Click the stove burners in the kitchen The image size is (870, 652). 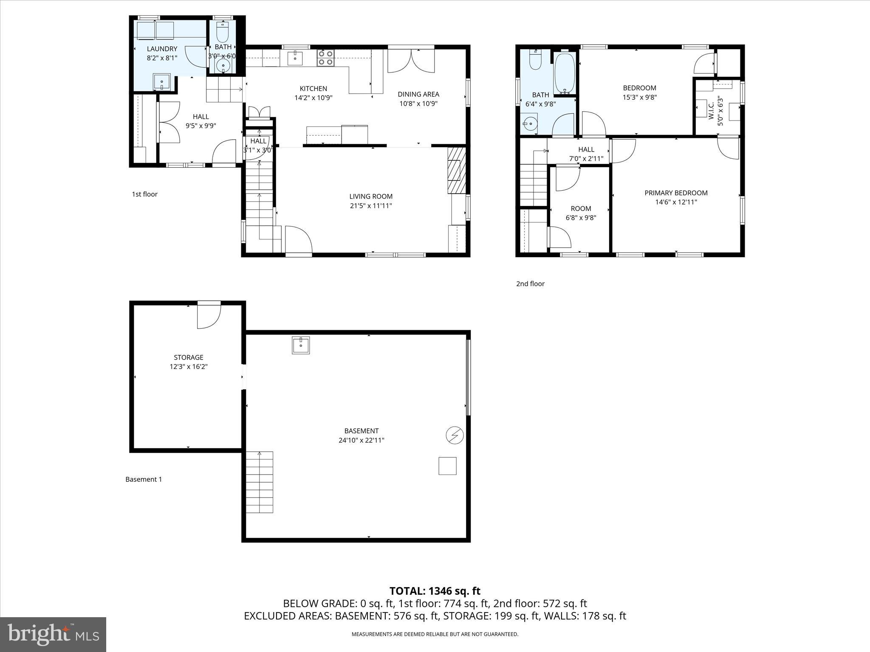click(x=325, y=58)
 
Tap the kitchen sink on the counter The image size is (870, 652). click(x=295, y=58)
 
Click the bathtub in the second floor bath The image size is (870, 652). click(x=565, y=73)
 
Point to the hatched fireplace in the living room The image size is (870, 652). click(x=457, y=170)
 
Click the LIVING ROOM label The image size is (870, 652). click(x=370, y=197)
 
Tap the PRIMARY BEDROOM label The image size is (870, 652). click(x=676, y=193)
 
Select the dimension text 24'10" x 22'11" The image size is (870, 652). click(x=361, y=440)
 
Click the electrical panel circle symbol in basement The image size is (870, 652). click(x=455, y=435)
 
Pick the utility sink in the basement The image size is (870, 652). click(x=301, y=345)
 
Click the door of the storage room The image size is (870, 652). click(x=209, y=315)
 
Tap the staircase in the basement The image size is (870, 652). click(x=260, y=482)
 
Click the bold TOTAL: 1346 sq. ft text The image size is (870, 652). click(x=435, y=591)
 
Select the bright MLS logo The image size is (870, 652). click(x=53, y=635)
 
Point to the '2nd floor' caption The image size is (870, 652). click(x=530, y=284)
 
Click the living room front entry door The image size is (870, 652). click(x=298, y=240)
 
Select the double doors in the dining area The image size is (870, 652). click(x=411, y=61)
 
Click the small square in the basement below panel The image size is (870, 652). click(x=447, y=466)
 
